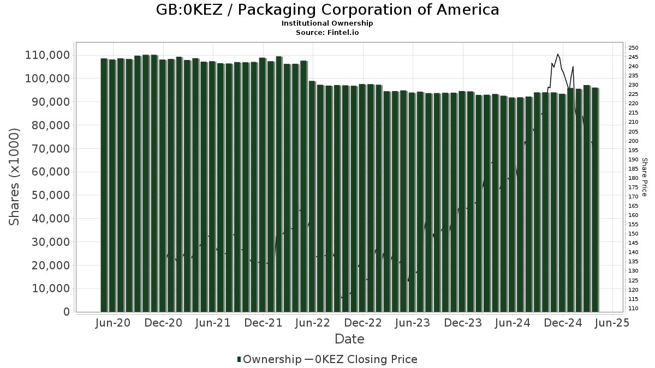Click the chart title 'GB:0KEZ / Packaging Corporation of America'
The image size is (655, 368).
click(327, 10)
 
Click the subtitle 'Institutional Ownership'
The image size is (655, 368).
click(327, 23)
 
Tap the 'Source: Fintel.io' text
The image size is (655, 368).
click(327, 33)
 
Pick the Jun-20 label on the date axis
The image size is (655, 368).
click(113, 323)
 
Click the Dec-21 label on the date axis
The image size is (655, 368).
click(263, 323)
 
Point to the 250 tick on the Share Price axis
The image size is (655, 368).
click(633, 48)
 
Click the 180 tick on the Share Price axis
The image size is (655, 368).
click(633, 178)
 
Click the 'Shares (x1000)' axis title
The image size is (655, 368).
click(15, 177)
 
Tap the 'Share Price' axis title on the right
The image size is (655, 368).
click(644, 177)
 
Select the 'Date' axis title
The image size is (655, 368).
click(349, 339)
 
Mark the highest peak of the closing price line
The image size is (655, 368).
click(557, 54)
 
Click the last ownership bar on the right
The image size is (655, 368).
click(595, 200)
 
